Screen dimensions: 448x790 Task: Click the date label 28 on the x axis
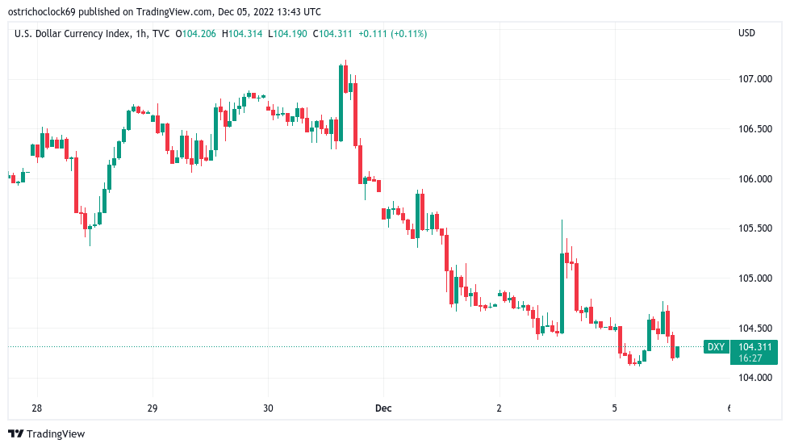[36, 408]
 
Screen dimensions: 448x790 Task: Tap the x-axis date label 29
[153, 408]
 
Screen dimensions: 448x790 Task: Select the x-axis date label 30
[268, 408]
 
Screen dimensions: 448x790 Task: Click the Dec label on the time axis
[383, 408]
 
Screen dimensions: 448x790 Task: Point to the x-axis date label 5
[615, 408]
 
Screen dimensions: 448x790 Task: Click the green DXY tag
[715, 347]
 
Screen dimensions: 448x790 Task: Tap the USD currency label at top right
[746, 33]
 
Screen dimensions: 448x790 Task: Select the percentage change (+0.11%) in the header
[409, 33]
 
